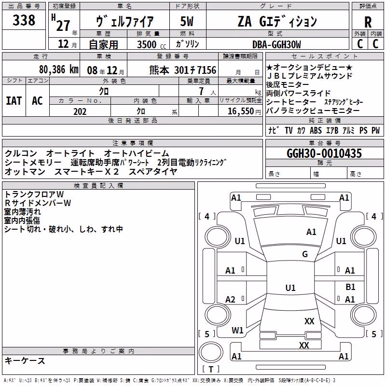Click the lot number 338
tap(24, 20)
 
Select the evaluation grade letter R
tap(368, 22)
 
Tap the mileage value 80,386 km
tap(59, 69)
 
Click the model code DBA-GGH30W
tap(276, 44)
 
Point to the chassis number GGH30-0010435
tap(324, 153)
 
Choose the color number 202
tap(80, 111)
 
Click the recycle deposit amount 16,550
tap(241, 111)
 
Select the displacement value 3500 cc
tap(152, 44)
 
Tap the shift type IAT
tap(14, 101)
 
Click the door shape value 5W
tap(187, 21)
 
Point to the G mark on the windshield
tap(305, 254)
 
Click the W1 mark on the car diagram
tap(237, 330)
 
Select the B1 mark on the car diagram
tap(350, 287)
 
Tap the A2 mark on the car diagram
tap(230, 299)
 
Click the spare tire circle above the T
tap(211, 352)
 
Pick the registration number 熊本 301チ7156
tap(183, 70)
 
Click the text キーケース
tap(25, 360)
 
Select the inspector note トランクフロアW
tap(34, 194)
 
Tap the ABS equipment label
tap(316, 130)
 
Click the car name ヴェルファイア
tap(125, 21)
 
